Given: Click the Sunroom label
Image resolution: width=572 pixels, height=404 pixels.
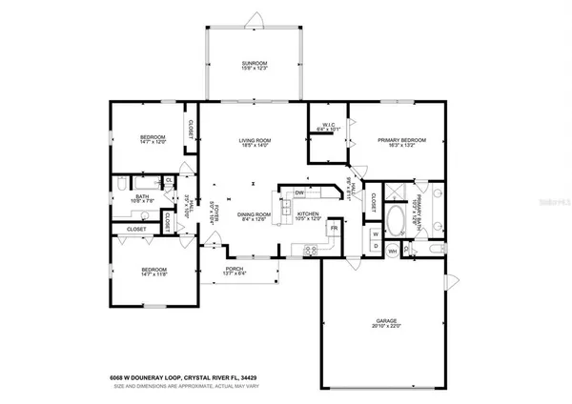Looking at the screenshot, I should point(253,66).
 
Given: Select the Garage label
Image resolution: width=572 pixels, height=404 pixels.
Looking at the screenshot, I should point(386,323).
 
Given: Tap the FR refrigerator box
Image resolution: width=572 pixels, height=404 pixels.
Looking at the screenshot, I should point(335,229).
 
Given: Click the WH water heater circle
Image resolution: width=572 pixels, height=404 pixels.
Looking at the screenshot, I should point(393,252).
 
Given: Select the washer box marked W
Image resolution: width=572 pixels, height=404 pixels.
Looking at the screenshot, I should point(376,232).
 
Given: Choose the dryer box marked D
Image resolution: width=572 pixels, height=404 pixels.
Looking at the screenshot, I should point(376,247).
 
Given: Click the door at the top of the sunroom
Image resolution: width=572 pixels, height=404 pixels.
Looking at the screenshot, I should point(253,19).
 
